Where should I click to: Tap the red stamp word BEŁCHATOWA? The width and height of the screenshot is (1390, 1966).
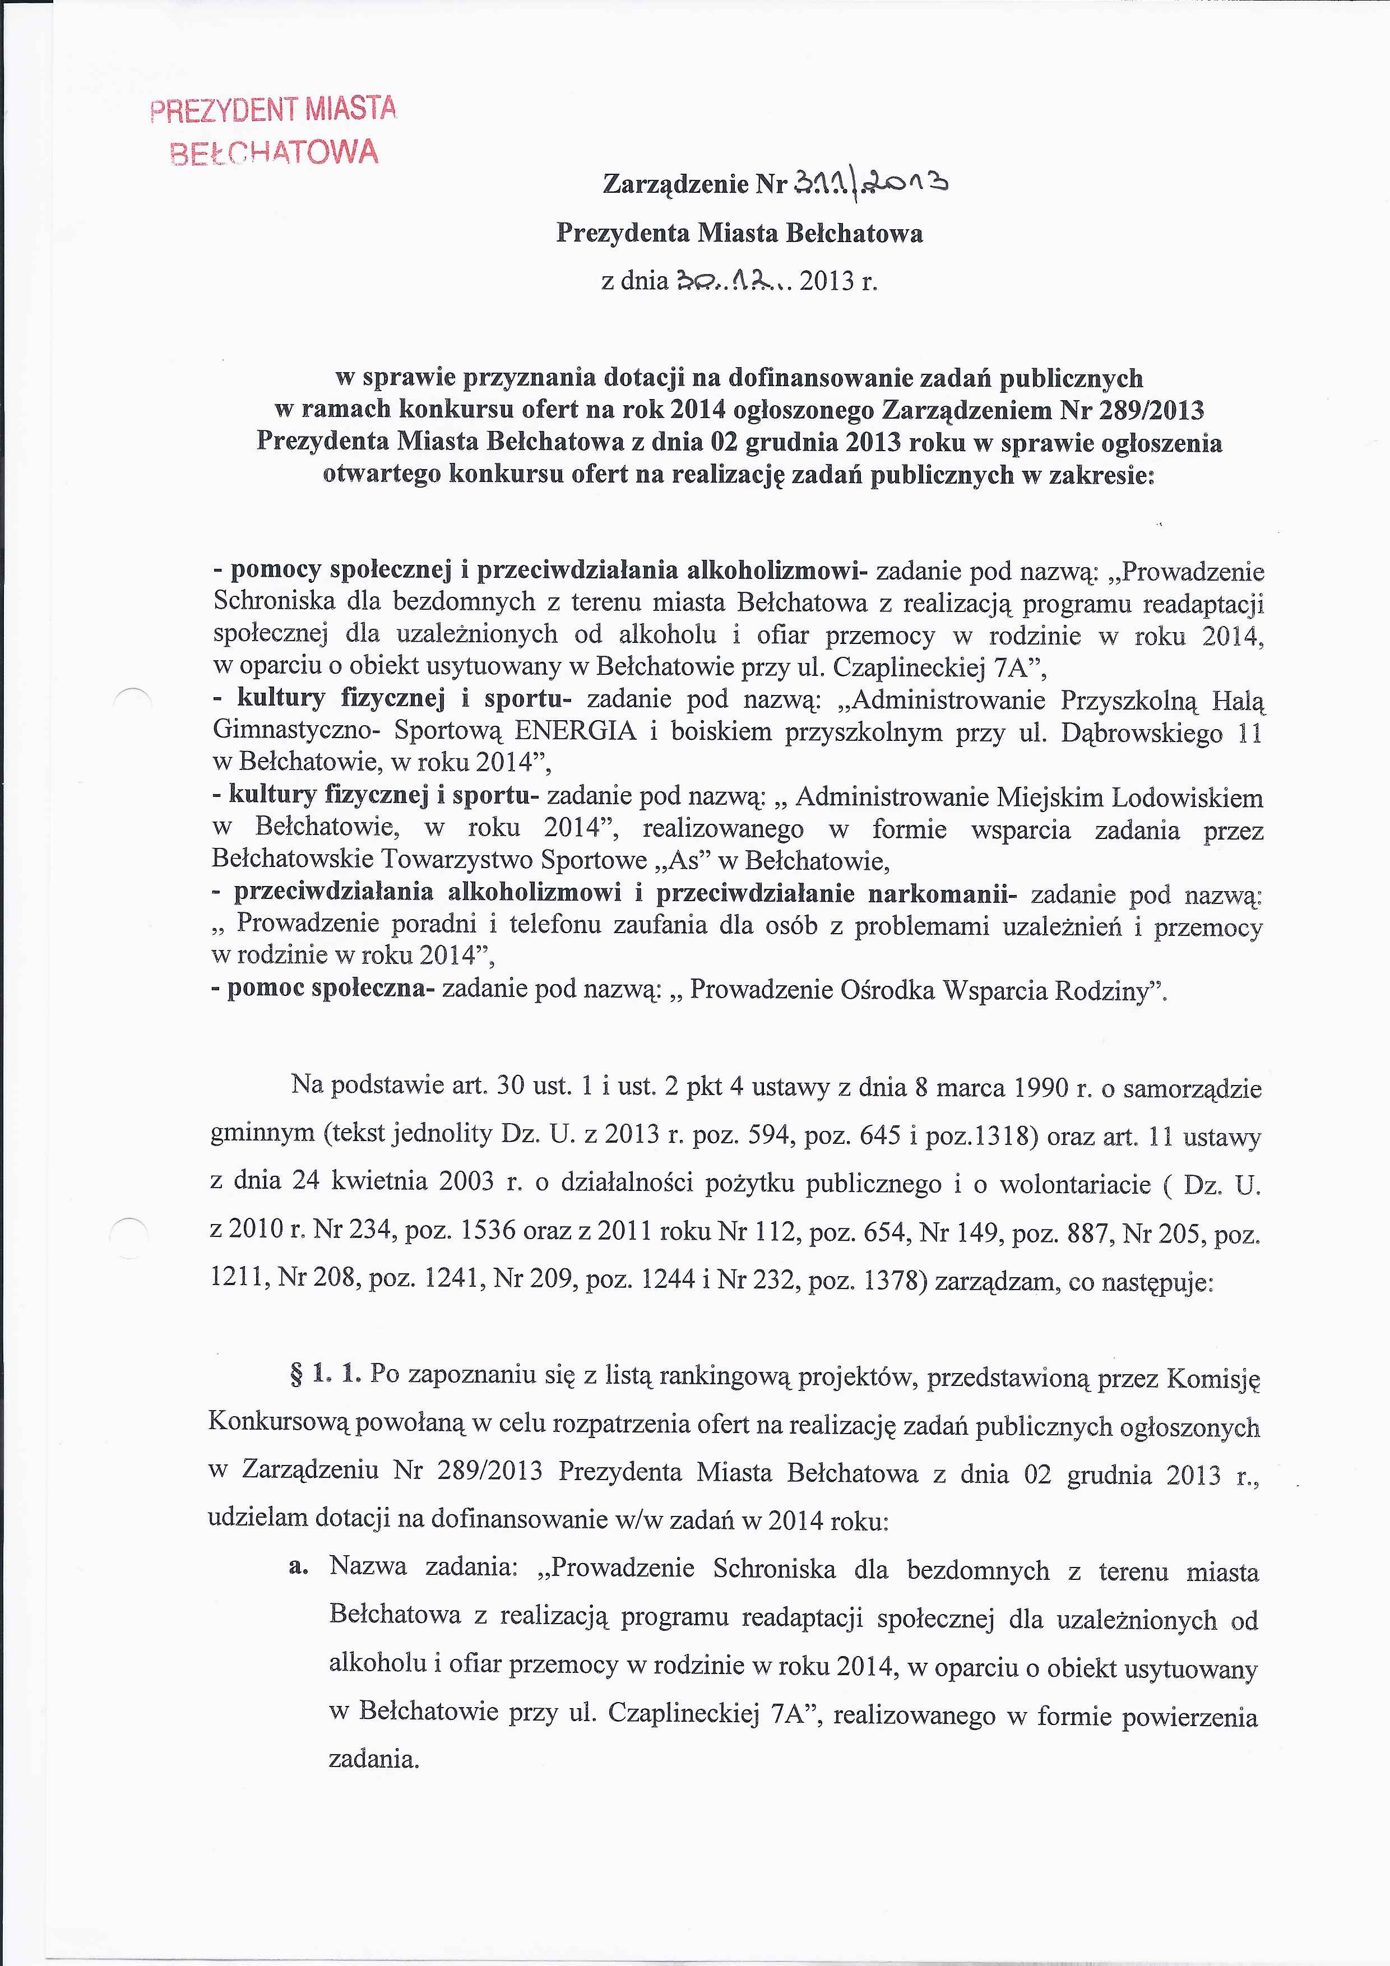[274, 152]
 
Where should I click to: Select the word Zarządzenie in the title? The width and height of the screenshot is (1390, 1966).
[676, 184]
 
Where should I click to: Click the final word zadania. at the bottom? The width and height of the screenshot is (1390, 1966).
[373, 1759]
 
